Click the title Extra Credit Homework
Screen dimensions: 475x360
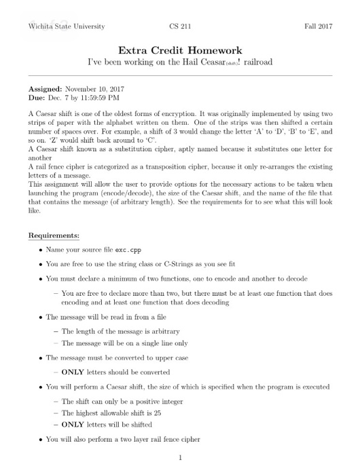pyautogui.click(x=180, y=50)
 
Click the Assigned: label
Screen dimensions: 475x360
pyautogui.click(x=45, y=90)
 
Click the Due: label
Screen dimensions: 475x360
pyautogui.click(x=38, y=98)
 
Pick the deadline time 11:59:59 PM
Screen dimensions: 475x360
pyautogui.click(x=103, y=98)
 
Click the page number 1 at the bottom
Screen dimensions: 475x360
pyautogui.click(x=180, y=457)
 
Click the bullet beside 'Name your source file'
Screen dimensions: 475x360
pyautogui.click(x=42, y=251)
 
